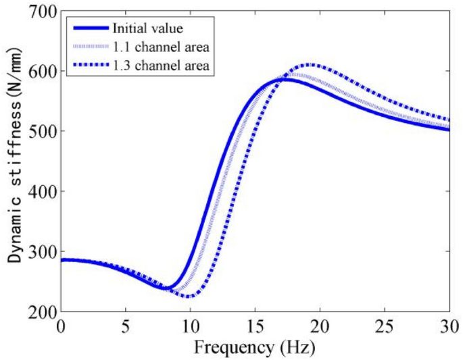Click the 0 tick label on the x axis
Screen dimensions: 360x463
(x=62, y=328)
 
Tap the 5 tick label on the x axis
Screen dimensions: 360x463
(x=126, y=328)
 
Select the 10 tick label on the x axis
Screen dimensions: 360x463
(x=191, y=328)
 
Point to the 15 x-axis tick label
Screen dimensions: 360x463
(x=255, y=328)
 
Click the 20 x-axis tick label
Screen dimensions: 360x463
(x=320, y=328)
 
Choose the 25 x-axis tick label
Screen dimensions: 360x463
(x=385, y=328)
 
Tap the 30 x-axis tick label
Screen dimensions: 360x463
(x=449, y=328)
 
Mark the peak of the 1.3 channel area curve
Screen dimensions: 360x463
(x=309, y=65)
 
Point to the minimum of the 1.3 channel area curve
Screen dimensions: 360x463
(x=191, y=296)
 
